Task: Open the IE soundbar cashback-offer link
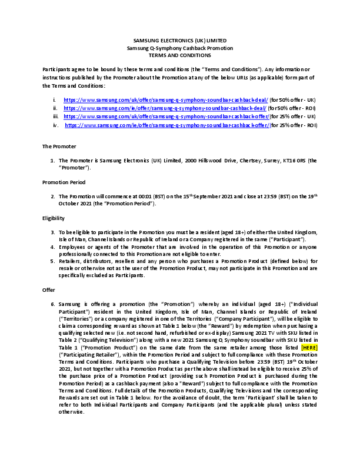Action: [167, 125]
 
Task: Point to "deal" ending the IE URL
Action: [261, 108]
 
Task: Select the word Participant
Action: [258, 319]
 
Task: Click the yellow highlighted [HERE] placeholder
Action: [309, 348]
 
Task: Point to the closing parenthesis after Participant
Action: [273, 319]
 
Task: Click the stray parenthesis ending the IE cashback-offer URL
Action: [271, 125]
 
